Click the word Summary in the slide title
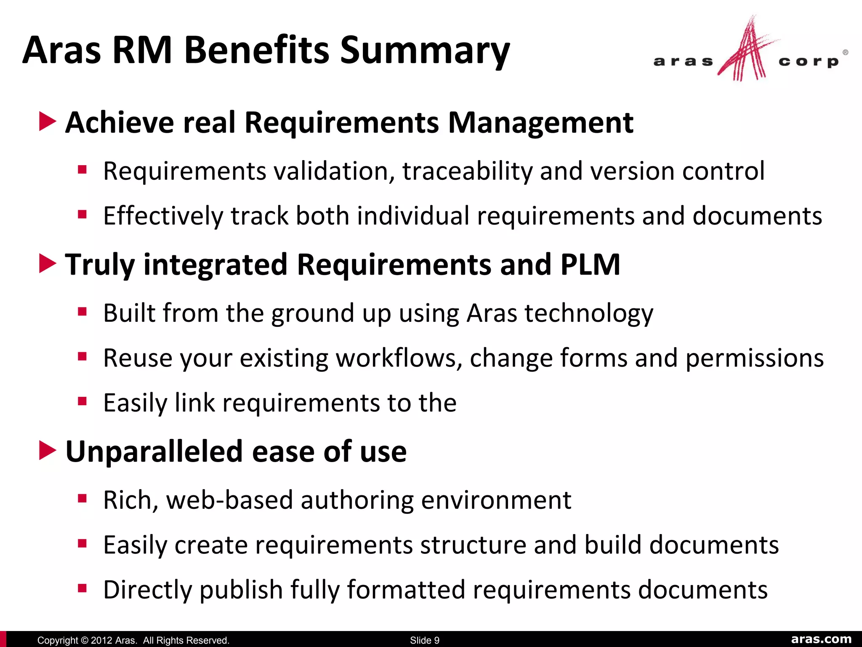425,51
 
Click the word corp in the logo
809,62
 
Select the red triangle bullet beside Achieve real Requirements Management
47,122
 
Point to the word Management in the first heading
540,123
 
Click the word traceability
467,171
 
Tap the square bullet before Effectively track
82,215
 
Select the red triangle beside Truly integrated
47,264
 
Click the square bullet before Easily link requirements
82,401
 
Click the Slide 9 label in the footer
424,640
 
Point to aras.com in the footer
821,639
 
